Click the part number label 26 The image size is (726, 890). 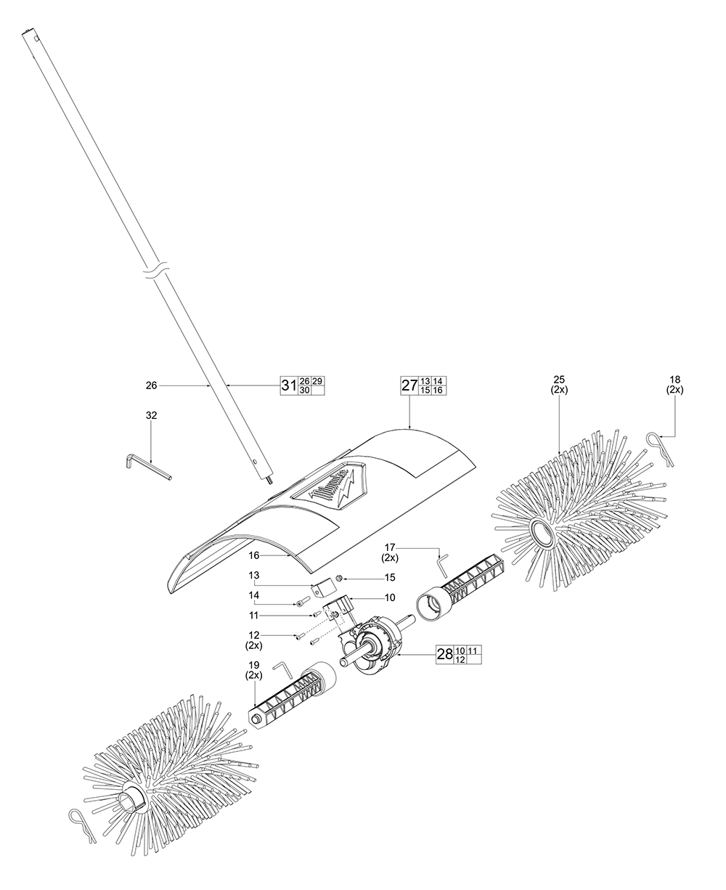[151, 385]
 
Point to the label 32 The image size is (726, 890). [151, 415]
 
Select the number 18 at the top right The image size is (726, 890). [675, 378]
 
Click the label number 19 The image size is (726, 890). [253, 664]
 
